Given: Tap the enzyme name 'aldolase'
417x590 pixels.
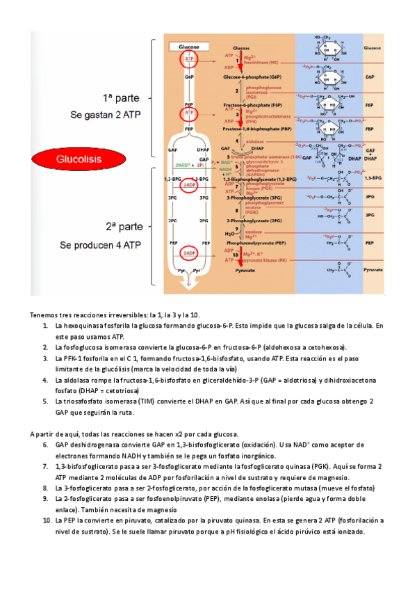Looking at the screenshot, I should (254, 140).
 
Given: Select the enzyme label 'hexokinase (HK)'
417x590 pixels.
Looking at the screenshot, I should (261, 63).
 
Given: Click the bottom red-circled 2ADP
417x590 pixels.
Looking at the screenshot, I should (188, 252).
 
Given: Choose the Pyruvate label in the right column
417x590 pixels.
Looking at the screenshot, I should (372, 267).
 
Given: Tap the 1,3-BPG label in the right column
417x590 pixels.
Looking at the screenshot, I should (373, 178).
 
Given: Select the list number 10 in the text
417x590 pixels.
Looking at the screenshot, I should (47, 520).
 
